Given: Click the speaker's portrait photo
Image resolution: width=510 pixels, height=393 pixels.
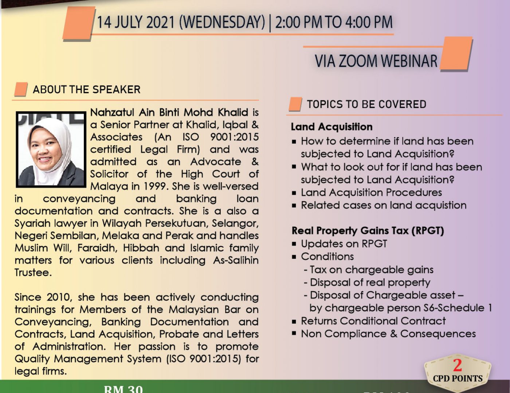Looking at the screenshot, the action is pos(51,150).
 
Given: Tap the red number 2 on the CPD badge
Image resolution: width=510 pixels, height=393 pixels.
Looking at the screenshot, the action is pos(458,365).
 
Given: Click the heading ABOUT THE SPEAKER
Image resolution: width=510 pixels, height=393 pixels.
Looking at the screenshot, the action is pos(87,90).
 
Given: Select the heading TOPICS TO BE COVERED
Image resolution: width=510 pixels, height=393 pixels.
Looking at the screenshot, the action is pos(366,104).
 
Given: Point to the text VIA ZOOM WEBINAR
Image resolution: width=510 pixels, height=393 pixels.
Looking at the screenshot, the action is pos(376,61).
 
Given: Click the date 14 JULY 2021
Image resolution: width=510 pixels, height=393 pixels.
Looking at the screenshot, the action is pos(136,22).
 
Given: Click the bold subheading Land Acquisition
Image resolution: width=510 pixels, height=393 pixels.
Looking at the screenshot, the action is pos(331,127).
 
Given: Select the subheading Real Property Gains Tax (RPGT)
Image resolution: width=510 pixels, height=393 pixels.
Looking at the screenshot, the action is pos(368,231).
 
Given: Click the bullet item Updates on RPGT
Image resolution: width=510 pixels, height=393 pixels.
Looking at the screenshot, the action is pos(344,244).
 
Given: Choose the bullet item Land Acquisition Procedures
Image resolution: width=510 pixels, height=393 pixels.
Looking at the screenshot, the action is pos(371,192).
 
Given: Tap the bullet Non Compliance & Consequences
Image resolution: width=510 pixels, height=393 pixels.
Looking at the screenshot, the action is pos(388,334).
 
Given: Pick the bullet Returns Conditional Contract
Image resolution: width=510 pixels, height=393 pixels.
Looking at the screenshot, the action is pos(373,321).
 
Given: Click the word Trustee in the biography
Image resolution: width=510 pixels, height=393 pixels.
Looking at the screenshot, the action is pos(33,273).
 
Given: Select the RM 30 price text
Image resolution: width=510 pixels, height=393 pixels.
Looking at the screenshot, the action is pos(123,389).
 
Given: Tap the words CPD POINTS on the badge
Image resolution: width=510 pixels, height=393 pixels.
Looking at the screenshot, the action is pos(458,378).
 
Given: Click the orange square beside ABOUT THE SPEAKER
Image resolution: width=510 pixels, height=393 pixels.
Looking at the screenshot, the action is pos(21,89).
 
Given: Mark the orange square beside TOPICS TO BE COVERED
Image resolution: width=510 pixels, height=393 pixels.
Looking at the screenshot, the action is pos(295,104).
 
